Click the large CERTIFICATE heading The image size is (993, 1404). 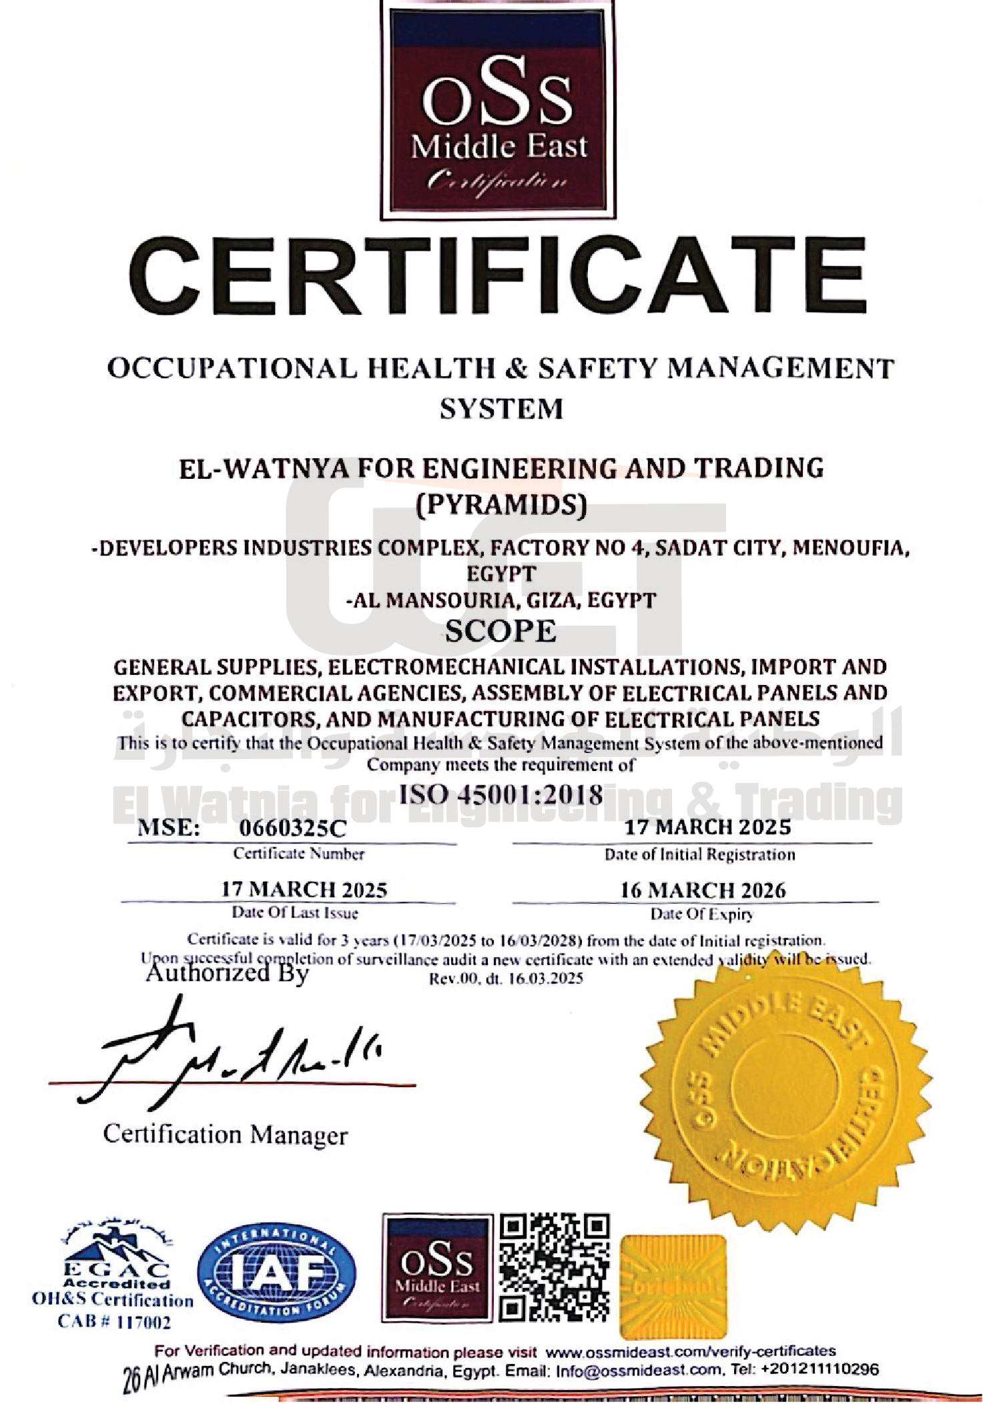click(497, 281)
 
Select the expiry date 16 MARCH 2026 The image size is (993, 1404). click(703, 890)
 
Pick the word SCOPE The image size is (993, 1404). click(501, 631)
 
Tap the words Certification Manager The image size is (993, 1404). click(226, 1135)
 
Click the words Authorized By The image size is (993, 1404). click(227, 974)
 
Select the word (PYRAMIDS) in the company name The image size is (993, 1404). click(501, 505)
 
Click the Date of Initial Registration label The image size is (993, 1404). click(699, 854)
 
